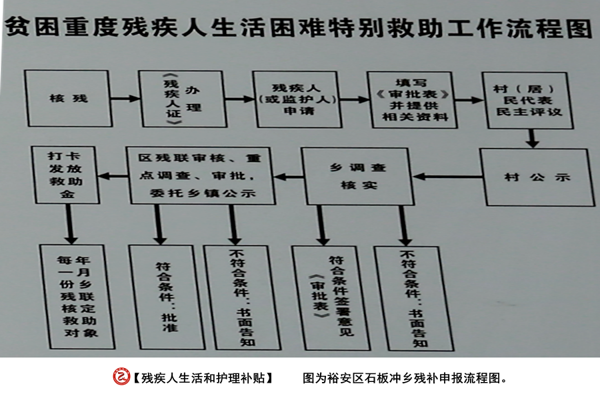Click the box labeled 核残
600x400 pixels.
(x=68, y=99)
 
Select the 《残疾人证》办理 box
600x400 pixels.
(x=182, y=99)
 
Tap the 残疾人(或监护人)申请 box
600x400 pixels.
(x=297, y=99)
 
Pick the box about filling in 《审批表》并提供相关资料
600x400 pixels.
(x=412, y=100)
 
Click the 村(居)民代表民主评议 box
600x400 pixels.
(x=527, y=101)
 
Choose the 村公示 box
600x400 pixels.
(x=537, y=177)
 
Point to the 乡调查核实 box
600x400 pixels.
(x=357, y=177)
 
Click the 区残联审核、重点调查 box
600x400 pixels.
(x=201, y=176)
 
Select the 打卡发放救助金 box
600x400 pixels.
(x=65, y=175)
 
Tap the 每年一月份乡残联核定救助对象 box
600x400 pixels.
(x=77, y=297)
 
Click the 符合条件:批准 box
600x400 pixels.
(x=167, y=297)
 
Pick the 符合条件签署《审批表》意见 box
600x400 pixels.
(x=331, y=298)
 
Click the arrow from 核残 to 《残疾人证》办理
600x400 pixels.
(x=125, y=99)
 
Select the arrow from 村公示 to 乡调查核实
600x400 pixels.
(x=447, y=177)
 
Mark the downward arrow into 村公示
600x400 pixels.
(x=532, y=138)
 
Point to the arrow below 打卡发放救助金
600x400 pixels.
(x=70, y=224)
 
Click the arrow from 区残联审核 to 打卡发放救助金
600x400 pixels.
(x=113, y=176)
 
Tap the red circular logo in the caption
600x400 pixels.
(x=121, y=377)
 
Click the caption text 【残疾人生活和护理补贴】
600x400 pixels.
(x=203, y=378)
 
